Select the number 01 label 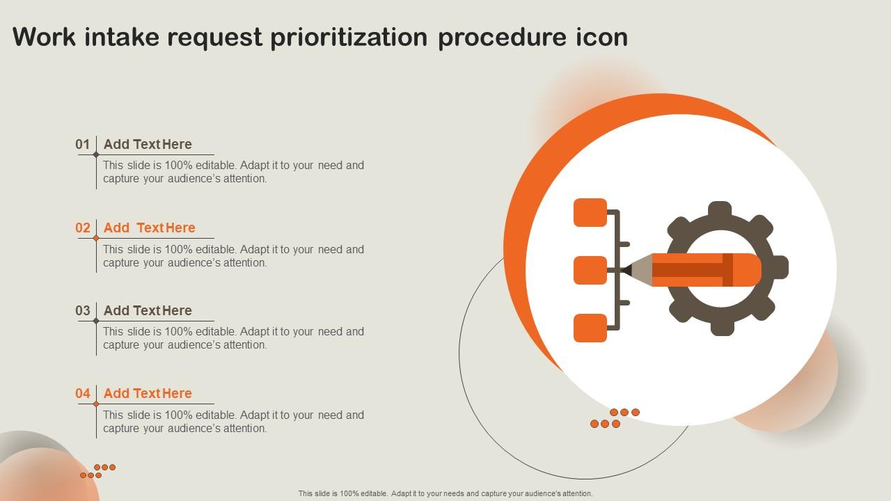83,144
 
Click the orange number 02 83,228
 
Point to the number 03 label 83,310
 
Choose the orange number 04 83,393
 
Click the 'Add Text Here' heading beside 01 148,144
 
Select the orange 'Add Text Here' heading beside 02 149,228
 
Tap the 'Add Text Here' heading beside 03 148,310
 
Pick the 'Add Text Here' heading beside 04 148,393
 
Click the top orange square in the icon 590,213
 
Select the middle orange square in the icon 590,270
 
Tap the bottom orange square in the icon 590,328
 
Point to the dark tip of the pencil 626,270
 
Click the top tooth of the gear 720,209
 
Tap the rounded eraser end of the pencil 750,270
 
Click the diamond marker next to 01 96,155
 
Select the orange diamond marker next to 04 96,404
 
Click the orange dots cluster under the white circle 615,418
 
